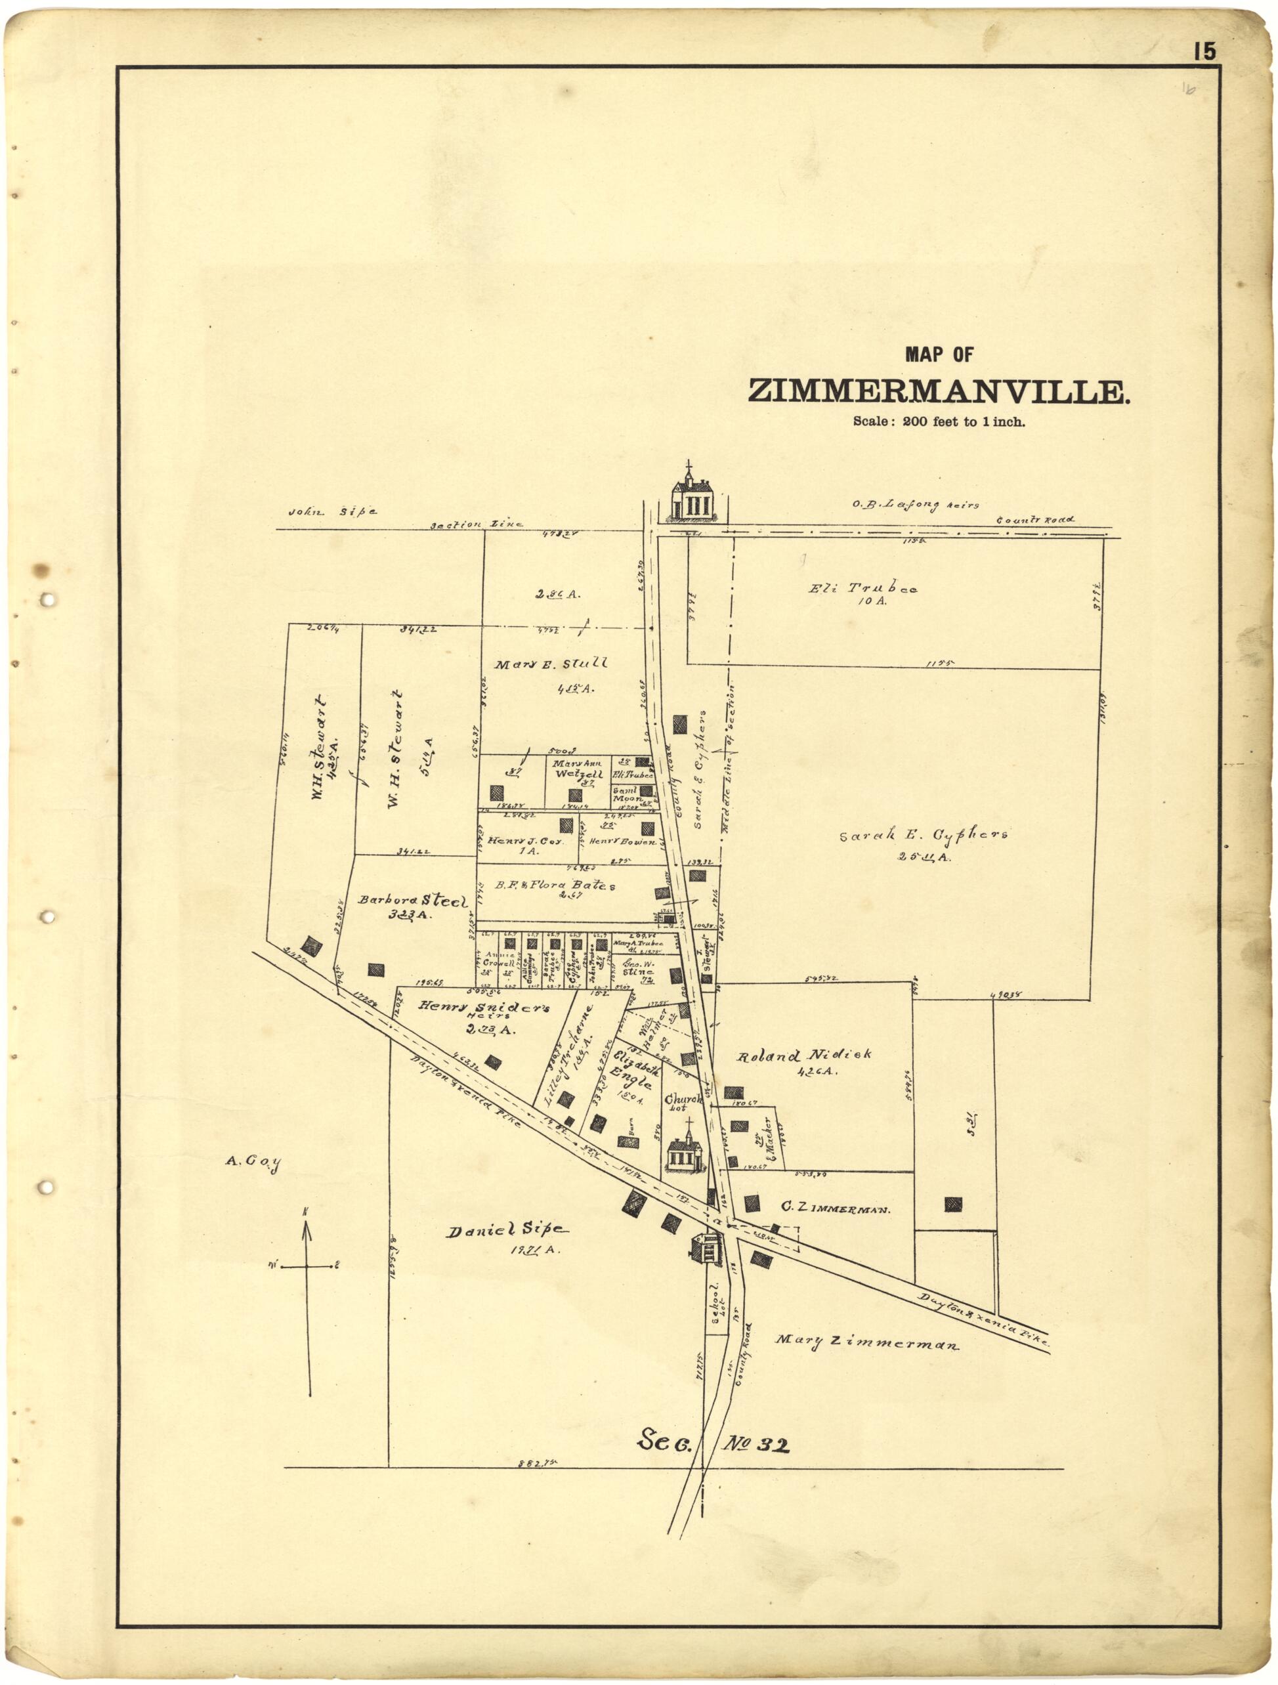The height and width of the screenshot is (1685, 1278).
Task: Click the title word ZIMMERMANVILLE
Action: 939,391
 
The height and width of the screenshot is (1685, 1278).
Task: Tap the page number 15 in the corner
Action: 1205,51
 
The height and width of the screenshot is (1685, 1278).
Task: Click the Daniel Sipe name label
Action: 507,1230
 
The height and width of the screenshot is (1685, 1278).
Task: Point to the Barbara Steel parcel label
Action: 412,901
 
